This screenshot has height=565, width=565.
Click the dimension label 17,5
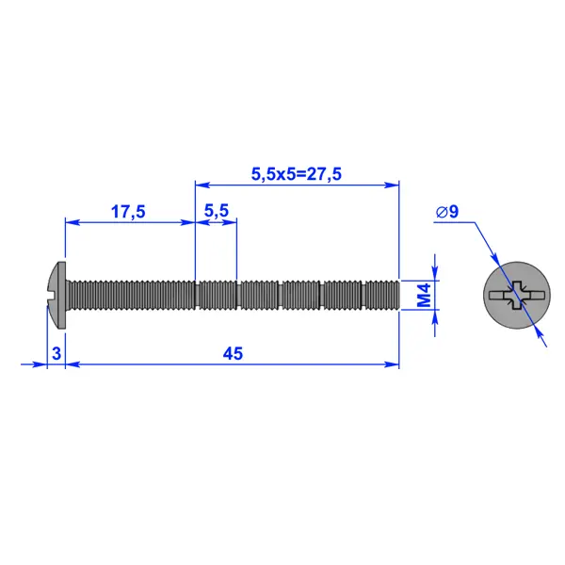(128, 212)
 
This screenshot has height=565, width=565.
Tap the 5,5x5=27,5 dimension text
(297, 174)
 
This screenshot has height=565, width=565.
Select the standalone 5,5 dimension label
(217, 211)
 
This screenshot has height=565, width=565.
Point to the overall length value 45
(233, 353)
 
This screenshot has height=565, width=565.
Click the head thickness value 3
(56, 353)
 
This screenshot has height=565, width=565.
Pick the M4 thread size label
(424, 295)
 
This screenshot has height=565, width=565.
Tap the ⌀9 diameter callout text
(447, 212)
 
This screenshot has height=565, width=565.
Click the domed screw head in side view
(56, 295)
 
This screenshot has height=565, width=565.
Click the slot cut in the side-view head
(52, 295)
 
